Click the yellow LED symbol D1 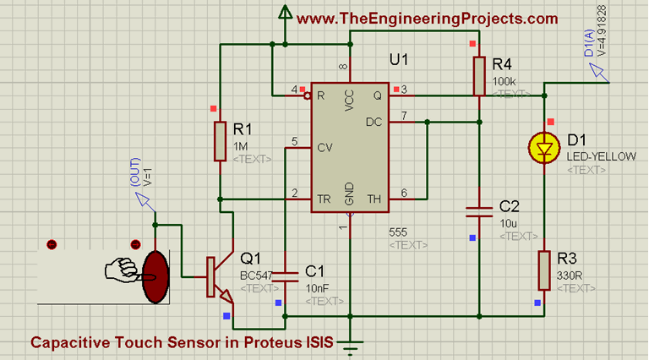click(543, 150)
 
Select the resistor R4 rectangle click(479, 73)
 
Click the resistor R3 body click(543, 270)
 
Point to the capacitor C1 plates click(286, 274)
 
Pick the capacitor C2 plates click(479, 210)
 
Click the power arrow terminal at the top click(285, 14)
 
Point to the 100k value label click(503, 82)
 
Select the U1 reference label click(398, 60)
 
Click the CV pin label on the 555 click(324, 147)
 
